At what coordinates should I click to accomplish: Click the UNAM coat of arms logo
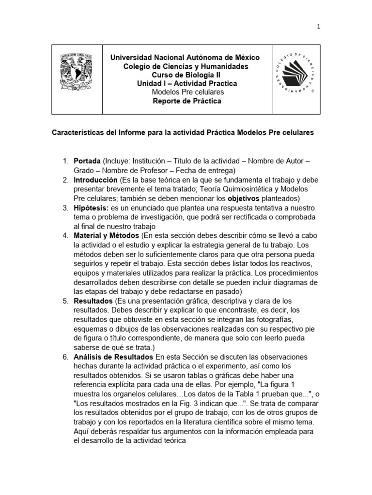point(77,79)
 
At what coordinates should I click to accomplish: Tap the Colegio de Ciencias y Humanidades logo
point(295,79)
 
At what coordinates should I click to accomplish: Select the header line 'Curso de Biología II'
point(186,75)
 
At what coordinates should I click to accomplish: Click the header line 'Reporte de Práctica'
point(186,101)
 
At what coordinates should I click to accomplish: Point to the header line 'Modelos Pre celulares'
point(186,92)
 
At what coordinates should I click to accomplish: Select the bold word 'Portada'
point(87,161)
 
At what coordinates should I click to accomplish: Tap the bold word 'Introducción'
point(95,179)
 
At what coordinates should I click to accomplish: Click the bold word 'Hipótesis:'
point(91,207)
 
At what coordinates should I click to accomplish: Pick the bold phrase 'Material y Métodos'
point(106,235)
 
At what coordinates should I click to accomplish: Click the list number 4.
point(65,235)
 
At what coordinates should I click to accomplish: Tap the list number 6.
point(65,356)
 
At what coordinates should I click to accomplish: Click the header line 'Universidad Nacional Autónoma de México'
point(185,58)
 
